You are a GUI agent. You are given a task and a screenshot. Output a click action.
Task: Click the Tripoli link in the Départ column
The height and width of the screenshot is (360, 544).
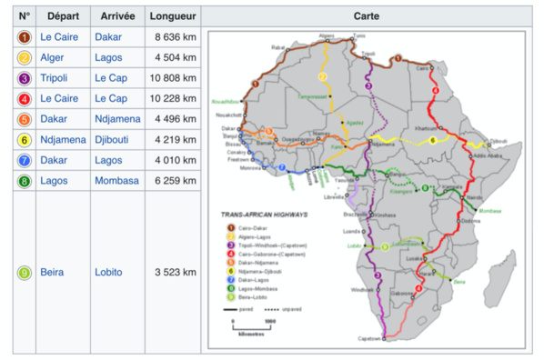[x=55, y=78]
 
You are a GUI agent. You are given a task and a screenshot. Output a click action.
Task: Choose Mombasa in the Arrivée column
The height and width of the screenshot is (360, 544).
[x=116, y=181]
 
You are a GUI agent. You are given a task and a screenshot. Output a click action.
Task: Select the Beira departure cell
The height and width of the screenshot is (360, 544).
[x=51, y=272]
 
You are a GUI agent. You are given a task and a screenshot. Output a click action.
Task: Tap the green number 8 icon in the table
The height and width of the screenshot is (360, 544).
[x=24, y=181]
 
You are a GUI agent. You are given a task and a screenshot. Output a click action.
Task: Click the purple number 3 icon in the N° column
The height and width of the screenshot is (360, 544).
[x=24, y=78]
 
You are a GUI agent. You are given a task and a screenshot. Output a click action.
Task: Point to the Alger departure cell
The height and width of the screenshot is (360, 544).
[x=52, y=57]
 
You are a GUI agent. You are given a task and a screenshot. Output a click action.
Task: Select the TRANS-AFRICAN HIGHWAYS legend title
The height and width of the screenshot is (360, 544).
[x=265, y=215]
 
